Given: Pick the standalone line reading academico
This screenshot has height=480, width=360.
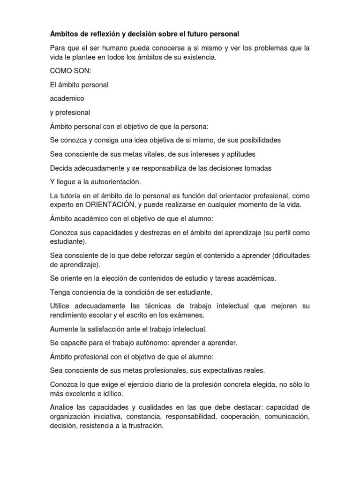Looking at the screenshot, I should pos(66,98).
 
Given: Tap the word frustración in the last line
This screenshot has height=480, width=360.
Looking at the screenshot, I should pos(141,426).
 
